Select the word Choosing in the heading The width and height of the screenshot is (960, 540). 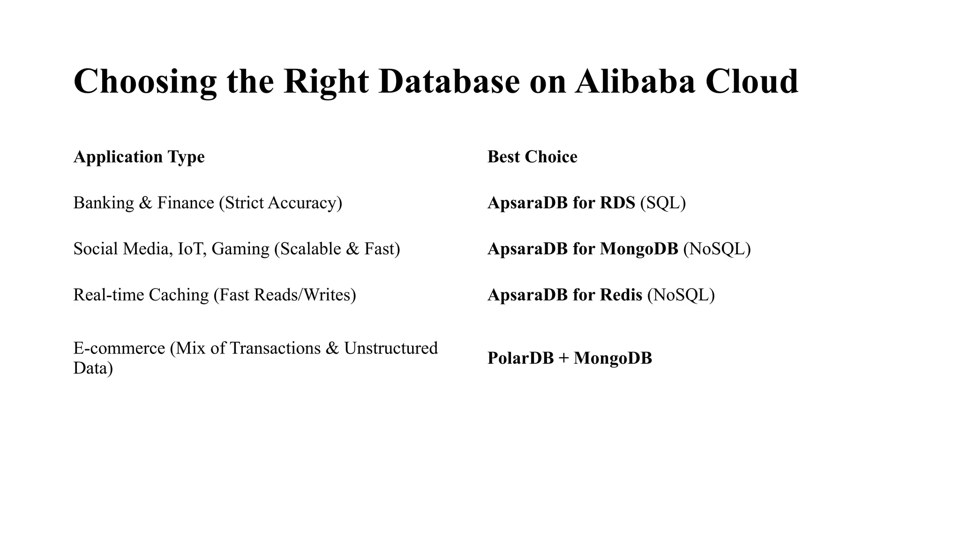[145, 82]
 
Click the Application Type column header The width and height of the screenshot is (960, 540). [139, 157]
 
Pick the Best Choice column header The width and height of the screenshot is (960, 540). [532, 157]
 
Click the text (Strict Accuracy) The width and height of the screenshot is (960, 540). [280, 203]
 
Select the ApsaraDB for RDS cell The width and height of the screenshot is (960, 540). [561, 202]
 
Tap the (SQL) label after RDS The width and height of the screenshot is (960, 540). [663, 203]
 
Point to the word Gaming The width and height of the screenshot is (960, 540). [240, 249]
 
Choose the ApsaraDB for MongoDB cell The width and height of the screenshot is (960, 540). [583, 248]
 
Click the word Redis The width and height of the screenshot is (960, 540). [621, 295]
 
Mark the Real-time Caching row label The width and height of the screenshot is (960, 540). [141, 295]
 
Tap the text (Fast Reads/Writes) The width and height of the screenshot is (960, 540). [285, 295]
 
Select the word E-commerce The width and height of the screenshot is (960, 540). [119, 348]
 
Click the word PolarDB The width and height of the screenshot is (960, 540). [520, 358]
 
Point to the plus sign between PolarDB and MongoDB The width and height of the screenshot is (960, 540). [564, 359]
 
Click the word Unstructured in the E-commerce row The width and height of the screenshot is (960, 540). [390, 348]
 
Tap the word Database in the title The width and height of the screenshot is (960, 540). [449, 81]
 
